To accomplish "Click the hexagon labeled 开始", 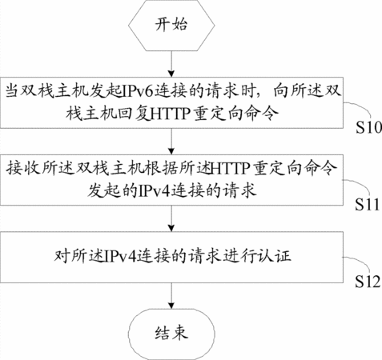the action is click(x=171, y=26).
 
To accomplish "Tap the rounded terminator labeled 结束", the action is click(x=171, y=334).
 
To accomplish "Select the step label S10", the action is click(x=368, y=127).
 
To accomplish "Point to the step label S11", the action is click(x=367, y=205).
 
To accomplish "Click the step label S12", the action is click(x=368, y=282).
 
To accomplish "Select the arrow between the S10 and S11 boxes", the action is click(x=171, y=142).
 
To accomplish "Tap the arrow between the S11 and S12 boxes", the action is click(x=171, y=218).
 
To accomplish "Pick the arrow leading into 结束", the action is click(x=171, y=296).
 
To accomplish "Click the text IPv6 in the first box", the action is click(x=139, y=91).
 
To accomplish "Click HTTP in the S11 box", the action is click(x=231, y=168).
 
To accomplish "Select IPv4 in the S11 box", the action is click(x=155, y=191).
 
